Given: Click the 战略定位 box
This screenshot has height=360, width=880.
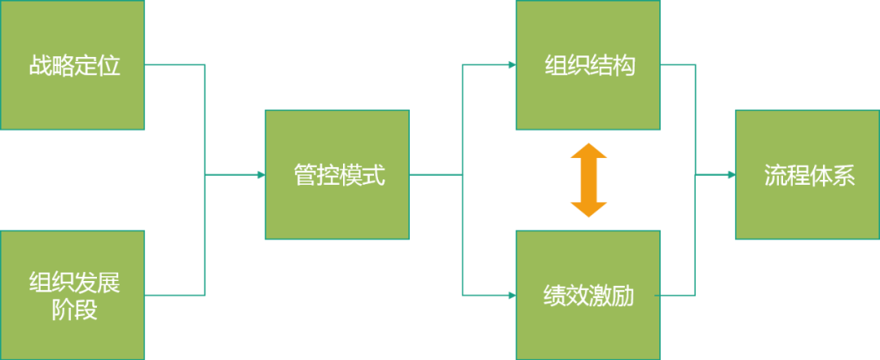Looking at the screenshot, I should pyautogui.click(x=73, y=65).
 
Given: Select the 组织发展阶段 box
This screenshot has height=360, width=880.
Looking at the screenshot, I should pyautogui.click(x=73, y=296).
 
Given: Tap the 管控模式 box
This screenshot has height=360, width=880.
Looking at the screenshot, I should pyautogui.click(x=337, y=175).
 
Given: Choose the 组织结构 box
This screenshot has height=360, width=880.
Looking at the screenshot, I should pyautogui.click(x=587, y=65).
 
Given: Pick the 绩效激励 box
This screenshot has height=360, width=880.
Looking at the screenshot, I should pyautogui.click(x=587, y=296).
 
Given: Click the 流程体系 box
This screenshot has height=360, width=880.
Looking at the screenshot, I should pyautogui.click(x=807, y=175).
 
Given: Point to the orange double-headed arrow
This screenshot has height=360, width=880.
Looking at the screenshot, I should pyautogui.click(x=588, y=180).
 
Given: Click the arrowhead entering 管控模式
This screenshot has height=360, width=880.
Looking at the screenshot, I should pyautogui.click(x=261, y=175).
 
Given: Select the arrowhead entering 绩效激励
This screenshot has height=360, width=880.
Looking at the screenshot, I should pyautogui.click(x=512, y=295).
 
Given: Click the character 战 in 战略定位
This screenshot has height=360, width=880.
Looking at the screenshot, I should pyautogui.click(x=39, y=66).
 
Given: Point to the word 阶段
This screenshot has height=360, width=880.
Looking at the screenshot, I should pyautogui.click(x=74, y=310).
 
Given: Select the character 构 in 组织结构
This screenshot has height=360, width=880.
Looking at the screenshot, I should pyautogui.click(x=623, y=66).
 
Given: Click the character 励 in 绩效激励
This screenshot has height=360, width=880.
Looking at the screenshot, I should pyautogui.click(x=623, y=296).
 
